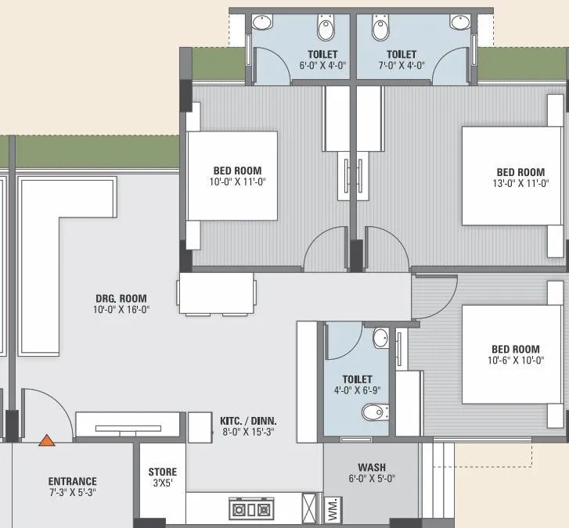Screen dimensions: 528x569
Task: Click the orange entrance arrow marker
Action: (48, 440)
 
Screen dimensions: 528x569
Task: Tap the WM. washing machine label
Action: (331, 508)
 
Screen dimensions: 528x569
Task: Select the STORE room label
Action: (163, 472)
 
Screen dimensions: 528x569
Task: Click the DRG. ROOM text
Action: (121, 298)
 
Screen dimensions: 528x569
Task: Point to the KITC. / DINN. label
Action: (248, 421)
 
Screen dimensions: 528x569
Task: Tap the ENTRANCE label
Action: (72, 481)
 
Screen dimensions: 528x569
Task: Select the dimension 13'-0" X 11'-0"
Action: (520, 184)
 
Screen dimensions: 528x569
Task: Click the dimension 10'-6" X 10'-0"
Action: (515, 361)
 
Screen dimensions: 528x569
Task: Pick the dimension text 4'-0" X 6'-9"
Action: (357, 391)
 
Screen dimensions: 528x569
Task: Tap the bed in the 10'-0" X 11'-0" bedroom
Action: (232, 175)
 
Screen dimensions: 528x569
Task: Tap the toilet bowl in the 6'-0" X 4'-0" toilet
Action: (326, 31)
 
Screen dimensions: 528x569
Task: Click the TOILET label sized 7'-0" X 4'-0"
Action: (401, 55)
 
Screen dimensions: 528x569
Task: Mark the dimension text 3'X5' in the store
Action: (163, 483)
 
